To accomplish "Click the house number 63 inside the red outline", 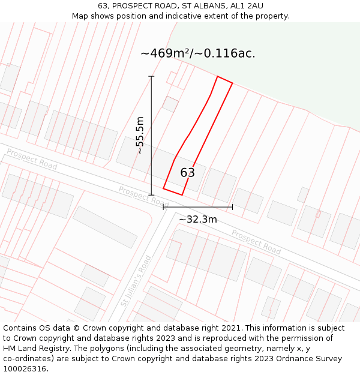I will click(187, 173).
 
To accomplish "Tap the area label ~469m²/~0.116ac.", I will click(198, 53).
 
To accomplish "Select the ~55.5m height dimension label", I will click(140, 136).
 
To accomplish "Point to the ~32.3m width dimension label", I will click(198, 220).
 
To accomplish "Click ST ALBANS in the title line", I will click(204, 6).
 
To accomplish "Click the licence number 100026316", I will click(25, 369).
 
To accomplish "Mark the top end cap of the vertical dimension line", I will click(151, 77).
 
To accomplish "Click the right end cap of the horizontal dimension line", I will click(232, 207).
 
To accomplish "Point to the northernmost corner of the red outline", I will click(217, 77).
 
